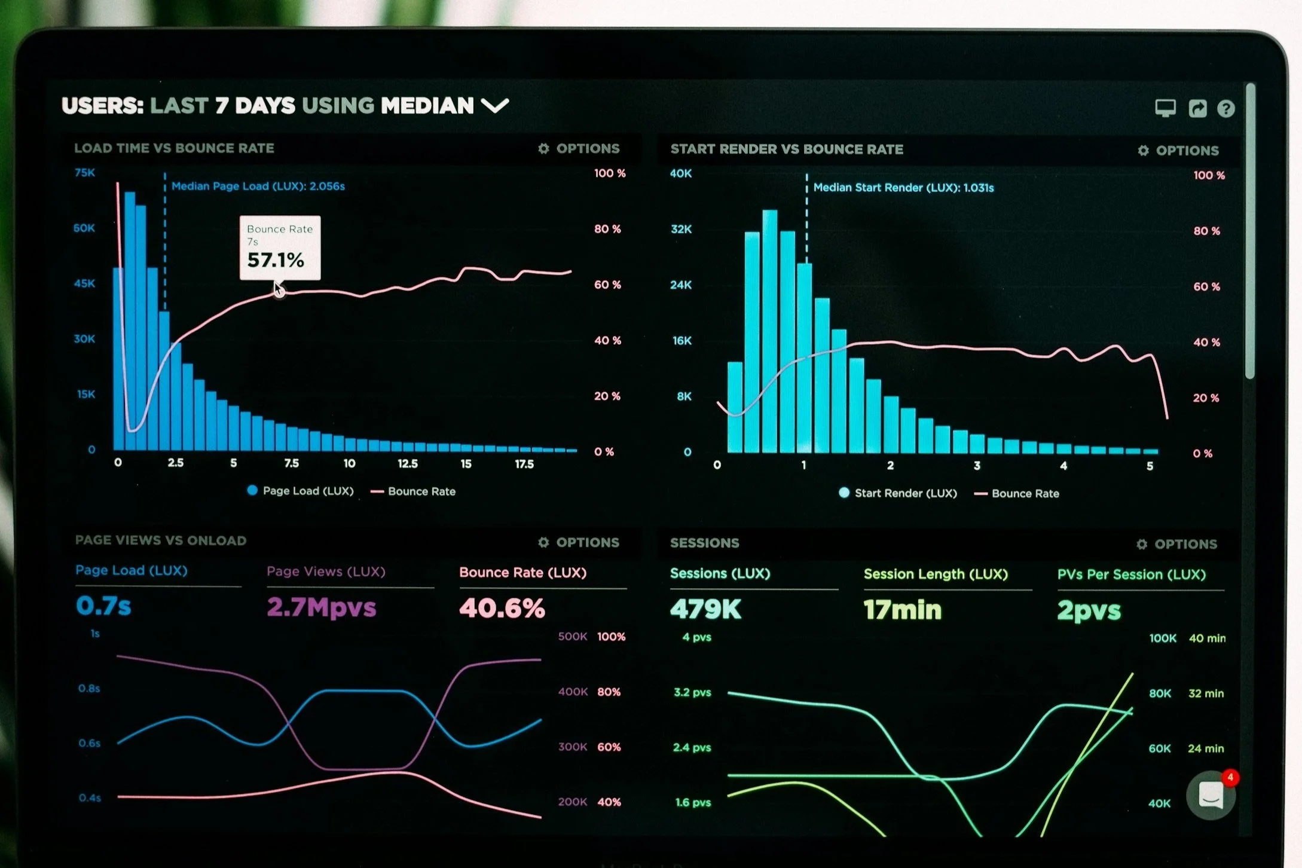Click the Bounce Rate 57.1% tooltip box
pyautogui.click(x=280, y=247)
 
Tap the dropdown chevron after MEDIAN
pyautogui.click(x=495, y=106)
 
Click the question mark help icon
pyautogui.click(x=1226, y=108)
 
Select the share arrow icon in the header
pyautogui.click(x=1197, y=108)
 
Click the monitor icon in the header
pyautogui.click(x=1165, y=108)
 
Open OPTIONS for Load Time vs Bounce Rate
pyautogui.click(x=579, y=148)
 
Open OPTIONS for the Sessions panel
pyautogui.click(x=1176, y=544)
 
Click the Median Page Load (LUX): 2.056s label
pyautogui.click(x=258, y=186)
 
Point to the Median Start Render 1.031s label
pyautogui.click(x=903, y=188)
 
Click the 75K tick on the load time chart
pyautogui.click(x=84, y=173)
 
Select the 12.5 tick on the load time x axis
pyautogui.click(x=408, y=463)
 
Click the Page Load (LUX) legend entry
pyautogui.click(x=300, y=491)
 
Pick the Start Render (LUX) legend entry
pyautogui.click(x=898, y=493)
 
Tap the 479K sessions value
pyautogui.click(x=705, y=609)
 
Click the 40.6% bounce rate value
pyautogui.click(x=502, y=608)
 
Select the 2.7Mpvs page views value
pyautogui.click(x=322, y=607)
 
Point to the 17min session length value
pyautogui.click(x=903, y=610)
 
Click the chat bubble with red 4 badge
pyautogui.click(x=1211, y=795)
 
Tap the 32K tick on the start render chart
pyautogui.click(x=681, y=229)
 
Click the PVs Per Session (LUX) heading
pyautogui.click(x=1132, y=574)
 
